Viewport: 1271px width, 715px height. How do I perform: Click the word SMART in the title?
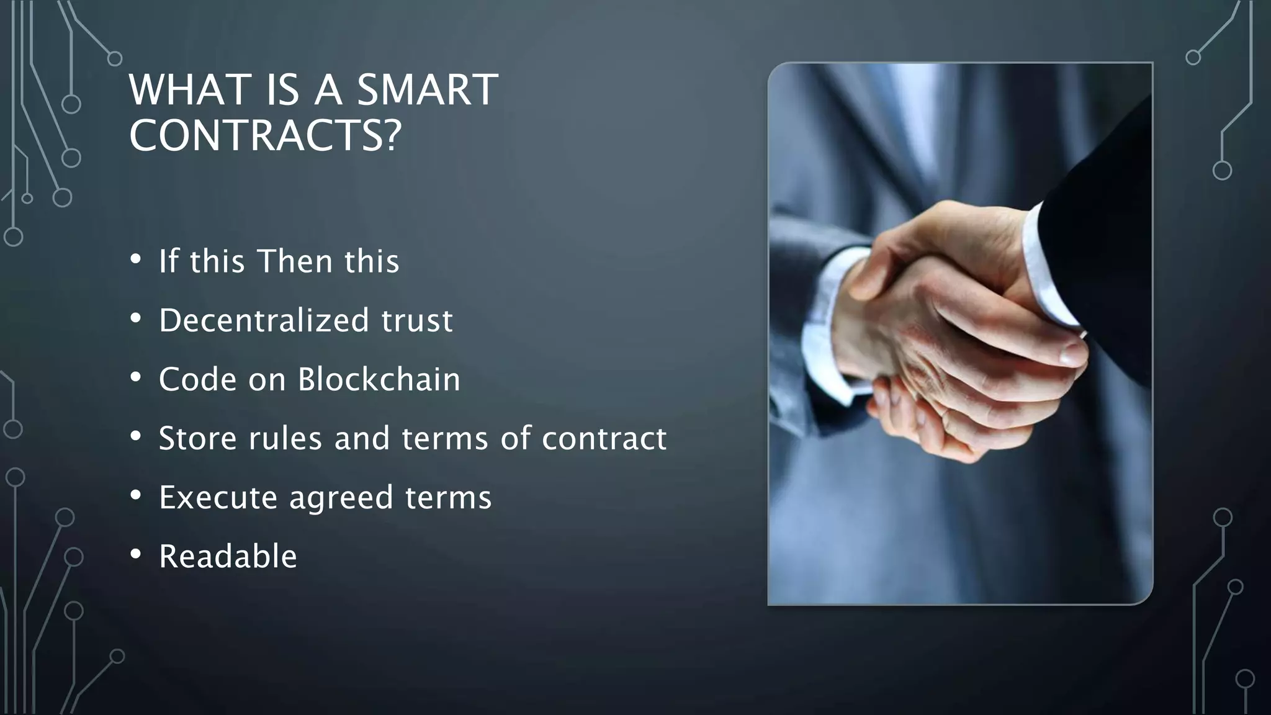click(428, 90)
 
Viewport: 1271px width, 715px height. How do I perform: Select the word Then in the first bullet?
click(295, 261)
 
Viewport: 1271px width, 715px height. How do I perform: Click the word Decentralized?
click(264, 320)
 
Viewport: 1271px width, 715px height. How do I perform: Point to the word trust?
click(417, 320)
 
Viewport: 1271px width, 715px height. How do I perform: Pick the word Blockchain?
click(379, 379)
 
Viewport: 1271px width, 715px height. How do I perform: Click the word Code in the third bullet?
click(197, 379)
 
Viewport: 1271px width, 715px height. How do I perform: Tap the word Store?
click(197, 438)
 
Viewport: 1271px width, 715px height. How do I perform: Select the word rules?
click(285, 438)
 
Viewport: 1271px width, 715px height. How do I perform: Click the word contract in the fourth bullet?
click(604, 438)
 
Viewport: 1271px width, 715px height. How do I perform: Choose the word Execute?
click(218, 497)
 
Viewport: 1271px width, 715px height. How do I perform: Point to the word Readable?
click(228, 556)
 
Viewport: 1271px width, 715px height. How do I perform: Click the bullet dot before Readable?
click(136, 554)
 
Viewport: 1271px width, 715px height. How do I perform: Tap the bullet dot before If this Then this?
click(136, 259)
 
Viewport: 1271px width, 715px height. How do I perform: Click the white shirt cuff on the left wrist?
click(825, 329)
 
